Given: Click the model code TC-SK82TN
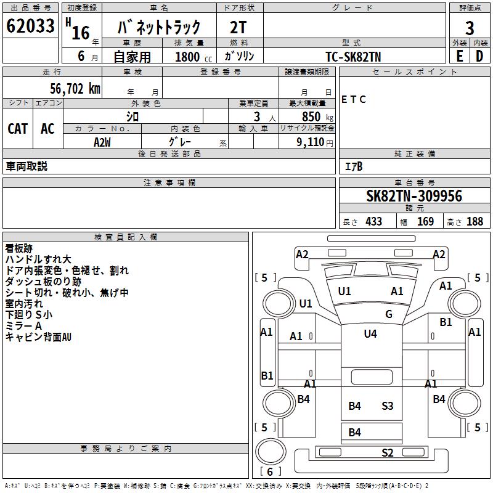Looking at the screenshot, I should coord(353,56).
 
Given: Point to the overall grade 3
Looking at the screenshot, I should coord(470,28).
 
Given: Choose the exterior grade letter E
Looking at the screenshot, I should coord(460,56).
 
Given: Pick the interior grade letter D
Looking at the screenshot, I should coord(479,56).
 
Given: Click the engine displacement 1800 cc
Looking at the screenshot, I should coord(188,57).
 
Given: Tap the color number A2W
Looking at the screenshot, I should coord(102,141).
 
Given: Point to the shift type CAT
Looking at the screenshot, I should coord(17,128).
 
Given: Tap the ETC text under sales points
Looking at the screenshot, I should coord(354,99).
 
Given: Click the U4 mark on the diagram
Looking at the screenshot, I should coord(370,334).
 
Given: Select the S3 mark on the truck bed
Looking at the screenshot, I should coord(387,405).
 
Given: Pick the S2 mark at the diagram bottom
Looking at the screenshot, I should coord(387,453).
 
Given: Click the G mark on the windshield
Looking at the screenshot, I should coord(389,314).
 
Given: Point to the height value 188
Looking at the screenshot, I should coord(475,221).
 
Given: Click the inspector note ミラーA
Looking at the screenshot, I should coord(23,325).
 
